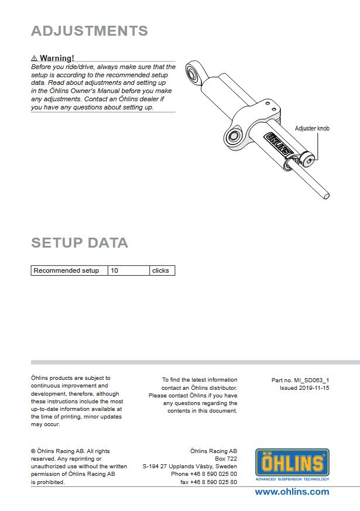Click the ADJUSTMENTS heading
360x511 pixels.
(89, 31)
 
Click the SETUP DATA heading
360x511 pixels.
(79, 242)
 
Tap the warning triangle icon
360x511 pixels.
(35, 59)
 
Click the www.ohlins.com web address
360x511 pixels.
(292, 492)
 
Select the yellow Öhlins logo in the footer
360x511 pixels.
(292, 462)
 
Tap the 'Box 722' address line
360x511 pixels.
(226, 459)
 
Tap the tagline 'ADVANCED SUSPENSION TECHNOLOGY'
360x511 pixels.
(292, 479)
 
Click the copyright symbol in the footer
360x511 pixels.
(33, 451)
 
